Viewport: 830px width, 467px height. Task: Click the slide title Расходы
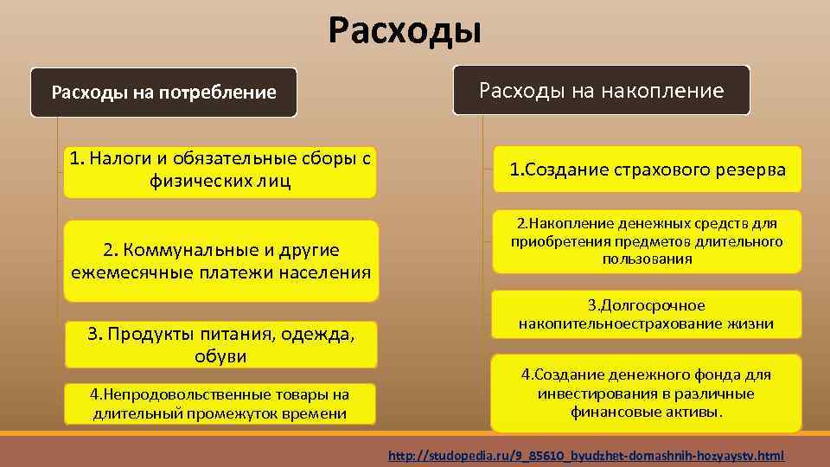405,31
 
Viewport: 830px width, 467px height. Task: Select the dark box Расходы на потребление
164,93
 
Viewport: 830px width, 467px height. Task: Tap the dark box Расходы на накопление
602,91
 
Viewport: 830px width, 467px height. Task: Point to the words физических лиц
220,182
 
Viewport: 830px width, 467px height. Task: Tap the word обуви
220,356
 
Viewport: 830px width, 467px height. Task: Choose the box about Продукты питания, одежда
220,344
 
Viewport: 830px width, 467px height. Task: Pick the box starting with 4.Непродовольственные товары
220,404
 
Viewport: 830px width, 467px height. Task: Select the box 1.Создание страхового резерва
647,170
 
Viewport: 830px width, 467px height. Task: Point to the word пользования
647,259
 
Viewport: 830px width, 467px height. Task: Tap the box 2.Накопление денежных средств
647,241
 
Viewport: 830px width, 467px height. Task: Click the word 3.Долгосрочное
647,305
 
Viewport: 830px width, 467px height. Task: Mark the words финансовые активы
647,413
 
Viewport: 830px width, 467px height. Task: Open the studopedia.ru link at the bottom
586,455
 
